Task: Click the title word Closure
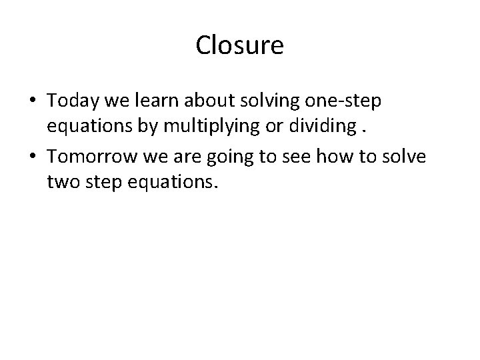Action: coord(240,46)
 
